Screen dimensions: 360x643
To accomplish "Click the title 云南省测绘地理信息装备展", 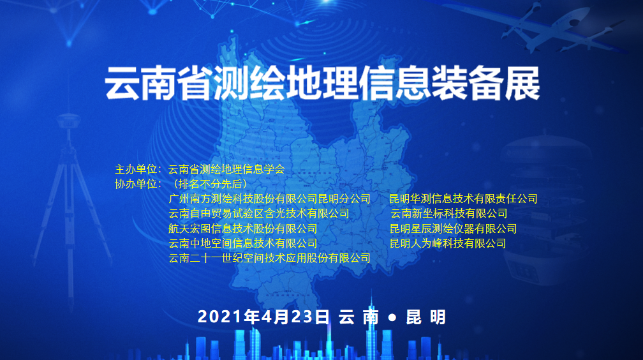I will click(x=322, y=83).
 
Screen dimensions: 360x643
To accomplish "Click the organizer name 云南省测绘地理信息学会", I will click(x=226, y=170).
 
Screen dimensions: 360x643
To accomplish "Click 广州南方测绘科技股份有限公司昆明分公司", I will click(x=269, y=199).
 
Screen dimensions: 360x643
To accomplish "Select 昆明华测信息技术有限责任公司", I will click(x=463, y=199).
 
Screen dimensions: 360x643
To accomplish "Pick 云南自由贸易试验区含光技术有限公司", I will click(x=258, y=214).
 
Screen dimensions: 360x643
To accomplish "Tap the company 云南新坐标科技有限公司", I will click(x=448, y=214).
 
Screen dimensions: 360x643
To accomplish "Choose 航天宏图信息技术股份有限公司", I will click(x=242, y=229).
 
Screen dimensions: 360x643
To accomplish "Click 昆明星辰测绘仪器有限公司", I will click(x=453, y=229).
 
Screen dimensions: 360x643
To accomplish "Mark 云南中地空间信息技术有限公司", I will click(x=242, y=243).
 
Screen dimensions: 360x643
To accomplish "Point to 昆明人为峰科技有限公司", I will click(x=448, y=243).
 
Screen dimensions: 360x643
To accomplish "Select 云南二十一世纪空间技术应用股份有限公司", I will click(x=269, y=259).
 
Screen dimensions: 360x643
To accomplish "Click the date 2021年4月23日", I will click(x=263, y=317).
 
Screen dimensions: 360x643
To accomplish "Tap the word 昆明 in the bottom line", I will click(x=426, y=317).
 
